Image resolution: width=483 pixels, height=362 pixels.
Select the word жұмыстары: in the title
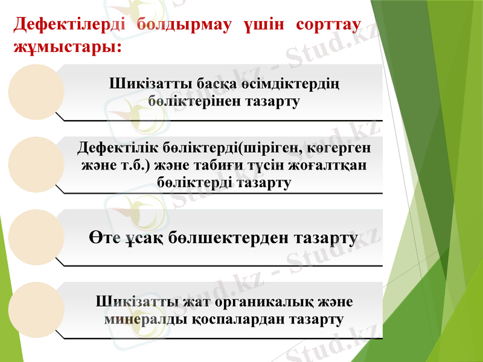click(66, 45)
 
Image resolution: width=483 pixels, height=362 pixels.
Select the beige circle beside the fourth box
click(34, 307)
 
